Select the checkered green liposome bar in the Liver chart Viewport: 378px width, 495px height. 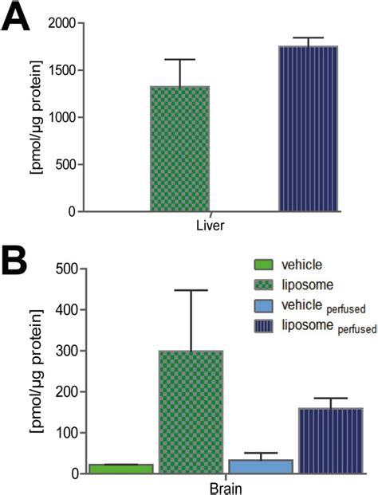pos(179,148)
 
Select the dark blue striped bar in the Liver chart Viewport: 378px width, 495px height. pos(308,128)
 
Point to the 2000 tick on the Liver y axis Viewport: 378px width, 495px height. pos(61,24)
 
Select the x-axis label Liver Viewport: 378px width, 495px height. pos(211,226)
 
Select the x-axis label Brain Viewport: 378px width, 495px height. pos(226,487)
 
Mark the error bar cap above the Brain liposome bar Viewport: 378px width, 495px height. pos(191,290)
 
